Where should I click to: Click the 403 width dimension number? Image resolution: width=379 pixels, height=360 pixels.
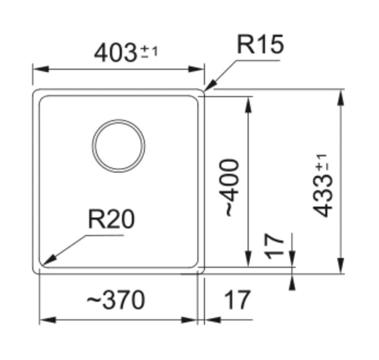pos(116,53)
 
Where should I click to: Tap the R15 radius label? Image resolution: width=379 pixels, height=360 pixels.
pos(260,44)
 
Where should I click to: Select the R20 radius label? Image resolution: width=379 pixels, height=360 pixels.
pos(111,220)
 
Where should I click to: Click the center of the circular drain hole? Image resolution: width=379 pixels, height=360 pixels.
pos(119,146)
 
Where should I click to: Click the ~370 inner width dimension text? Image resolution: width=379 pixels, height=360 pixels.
pos(116,299)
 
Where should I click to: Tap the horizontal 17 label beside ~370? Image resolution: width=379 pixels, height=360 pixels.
pos(237,299)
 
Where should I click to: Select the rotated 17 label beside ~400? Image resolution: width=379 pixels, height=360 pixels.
pos(275,246)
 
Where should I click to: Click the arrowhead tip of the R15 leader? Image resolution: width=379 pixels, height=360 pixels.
pos(205,91)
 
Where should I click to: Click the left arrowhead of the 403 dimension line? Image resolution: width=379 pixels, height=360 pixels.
pos(35,69)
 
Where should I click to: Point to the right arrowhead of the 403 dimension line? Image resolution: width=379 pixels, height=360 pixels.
pos(203,69)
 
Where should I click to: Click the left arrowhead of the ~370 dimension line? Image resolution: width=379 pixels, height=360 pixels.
pos(42,320)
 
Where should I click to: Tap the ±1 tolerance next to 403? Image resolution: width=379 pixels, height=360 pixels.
pos(149,53)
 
